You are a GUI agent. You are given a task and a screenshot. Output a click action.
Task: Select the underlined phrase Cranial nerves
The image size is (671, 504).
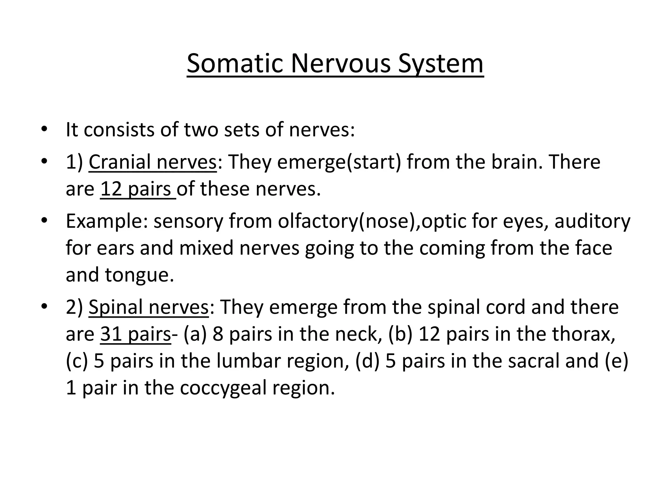(x=152, y=162)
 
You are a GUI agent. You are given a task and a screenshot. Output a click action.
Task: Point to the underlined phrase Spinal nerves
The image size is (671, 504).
(x=148, y=307)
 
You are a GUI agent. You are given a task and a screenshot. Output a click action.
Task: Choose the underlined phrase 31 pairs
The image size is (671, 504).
(x=135, y=334)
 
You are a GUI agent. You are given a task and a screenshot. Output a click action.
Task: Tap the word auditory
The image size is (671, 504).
(x=592, y=221)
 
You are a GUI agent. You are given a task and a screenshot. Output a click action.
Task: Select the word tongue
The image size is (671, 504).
(x=139, y=275)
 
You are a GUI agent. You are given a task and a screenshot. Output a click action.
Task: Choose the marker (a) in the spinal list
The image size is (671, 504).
(x=195, y=334)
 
